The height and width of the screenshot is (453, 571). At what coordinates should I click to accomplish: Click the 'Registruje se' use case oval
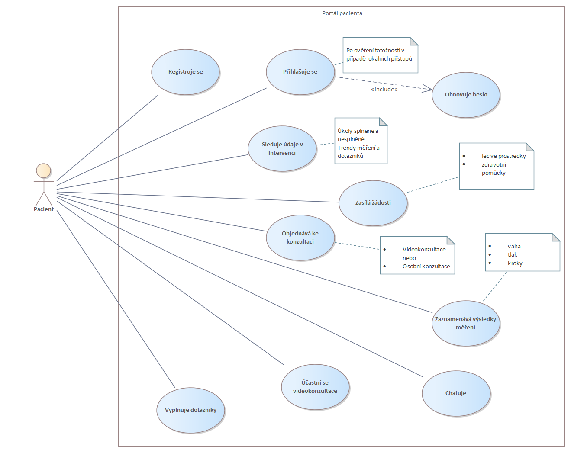click(185, 72)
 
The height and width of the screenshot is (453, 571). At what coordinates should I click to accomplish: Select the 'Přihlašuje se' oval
click(300, 72)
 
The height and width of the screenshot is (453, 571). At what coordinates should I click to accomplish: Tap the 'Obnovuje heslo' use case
click(466, 95)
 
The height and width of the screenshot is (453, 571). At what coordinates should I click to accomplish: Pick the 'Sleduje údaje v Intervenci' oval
click(282, 148)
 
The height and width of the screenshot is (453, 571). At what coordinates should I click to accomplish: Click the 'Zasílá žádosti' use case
click(373, 202)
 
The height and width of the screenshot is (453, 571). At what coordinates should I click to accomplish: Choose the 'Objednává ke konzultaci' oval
click(300, 238)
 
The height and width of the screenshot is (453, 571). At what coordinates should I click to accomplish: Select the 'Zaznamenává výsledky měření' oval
click(465, 323)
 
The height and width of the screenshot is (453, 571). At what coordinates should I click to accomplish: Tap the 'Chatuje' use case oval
click(456, 393)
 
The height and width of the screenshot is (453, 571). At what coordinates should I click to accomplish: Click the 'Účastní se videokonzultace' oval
click(315, 387)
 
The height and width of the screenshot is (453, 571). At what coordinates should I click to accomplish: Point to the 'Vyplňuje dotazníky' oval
click(190, 410)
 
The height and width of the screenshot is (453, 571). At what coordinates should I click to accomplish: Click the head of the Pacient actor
click(43, 171)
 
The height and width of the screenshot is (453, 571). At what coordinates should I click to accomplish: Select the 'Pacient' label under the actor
click(44, 209)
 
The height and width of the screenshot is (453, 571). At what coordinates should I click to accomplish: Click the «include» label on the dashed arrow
click(384, 90)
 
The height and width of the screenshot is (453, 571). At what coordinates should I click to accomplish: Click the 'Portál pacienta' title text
click(342, 13)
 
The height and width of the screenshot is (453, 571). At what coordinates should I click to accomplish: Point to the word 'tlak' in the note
click(513, 255)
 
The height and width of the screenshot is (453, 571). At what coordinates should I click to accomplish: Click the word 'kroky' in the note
click(515, 263)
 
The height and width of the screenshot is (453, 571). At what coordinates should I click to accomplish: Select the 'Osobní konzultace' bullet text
click(426, 267)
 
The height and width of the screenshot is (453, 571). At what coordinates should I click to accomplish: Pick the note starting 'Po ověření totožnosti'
click(380, 55)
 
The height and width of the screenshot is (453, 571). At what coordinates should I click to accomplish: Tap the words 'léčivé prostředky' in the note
click(503, 156)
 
